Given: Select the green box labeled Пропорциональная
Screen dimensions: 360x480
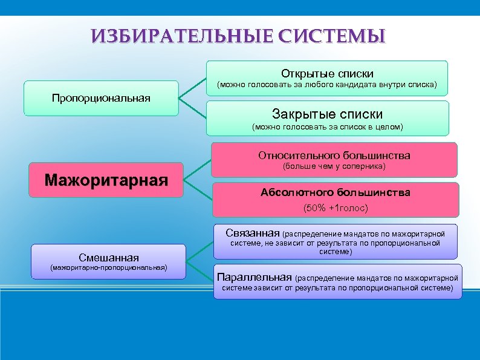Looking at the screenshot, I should pos(101,98).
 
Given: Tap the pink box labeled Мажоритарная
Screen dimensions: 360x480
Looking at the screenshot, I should pos(106,180).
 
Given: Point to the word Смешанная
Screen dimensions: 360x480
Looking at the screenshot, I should pos(108,257).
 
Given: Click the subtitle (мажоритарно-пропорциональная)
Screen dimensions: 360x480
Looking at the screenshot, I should pos(108,267).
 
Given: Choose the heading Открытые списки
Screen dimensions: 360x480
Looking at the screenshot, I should pos(327,73).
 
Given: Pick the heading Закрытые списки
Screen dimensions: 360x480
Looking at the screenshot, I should pos(327,114).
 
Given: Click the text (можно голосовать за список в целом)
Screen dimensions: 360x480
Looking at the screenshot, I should pos(327,127).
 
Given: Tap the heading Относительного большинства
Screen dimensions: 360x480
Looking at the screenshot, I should pos(334,155).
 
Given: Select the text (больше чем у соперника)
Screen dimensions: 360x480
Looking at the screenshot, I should pos(334,166).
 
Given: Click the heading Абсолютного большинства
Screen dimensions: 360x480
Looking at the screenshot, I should pos(335,192).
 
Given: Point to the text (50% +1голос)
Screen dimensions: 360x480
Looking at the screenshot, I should pos(335,208).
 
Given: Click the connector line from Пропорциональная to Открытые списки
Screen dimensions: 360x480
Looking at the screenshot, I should pos(193,88).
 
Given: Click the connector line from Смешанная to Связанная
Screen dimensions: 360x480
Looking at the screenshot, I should pos(199,251).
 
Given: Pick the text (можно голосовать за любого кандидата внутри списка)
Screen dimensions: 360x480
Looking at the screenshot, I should pos(327,85).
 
